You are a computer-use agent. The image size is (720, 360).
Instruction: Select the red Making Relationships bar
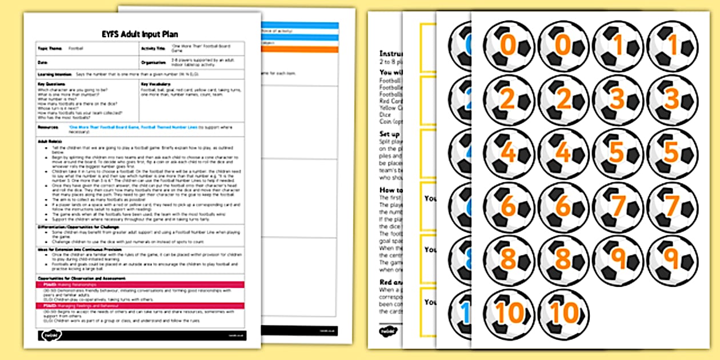click(x=141, y=284)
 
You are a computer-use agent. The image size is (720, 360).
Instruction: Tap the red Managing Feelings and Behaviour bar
click(x=141, y=306)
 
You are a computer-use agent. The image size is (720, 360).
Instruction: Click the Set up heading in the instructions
click(x=389, y=134)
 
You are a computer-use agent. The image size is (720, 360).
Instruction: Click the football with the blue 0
click(x=462, y=46)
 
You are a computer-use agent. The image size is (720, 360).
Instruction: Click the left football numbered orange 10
click(x=509, y=314)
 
